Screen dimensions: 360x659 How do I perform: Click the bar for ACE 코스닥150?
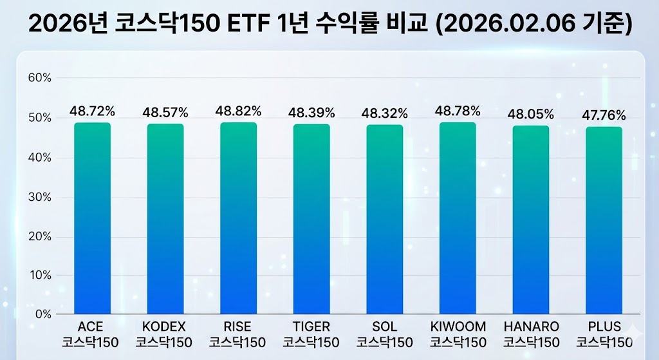[92, 219]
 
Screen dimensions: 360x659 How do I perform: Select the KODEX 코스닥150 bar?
[165, 219]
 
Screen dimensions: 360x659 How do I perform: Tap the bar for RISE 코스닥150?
[238, 219]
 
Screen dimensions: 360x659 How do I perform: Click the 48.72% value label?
[92, 111]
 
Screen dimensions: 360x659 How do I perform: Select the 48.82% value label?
[238, 111]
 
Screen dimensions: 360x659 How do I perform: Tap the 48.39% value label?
[311, 113]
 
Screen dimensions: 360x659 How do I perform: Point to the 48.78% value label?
[458, 111]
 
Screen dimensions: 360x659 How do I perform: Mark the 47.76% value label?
[604, 115]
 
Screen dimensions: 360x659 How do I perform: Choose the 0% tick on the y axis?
[42, 314]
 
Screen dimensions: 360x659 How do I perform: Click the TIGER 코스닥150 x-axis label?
[311, 334]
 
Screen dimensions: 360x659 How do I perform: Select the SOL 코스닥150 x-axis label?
[385, 334]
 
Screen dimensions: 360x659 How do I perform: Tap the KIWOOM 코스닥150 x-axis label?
[458, 334]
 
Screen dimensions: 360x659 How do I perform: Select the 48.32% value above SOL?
[385, 113]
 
